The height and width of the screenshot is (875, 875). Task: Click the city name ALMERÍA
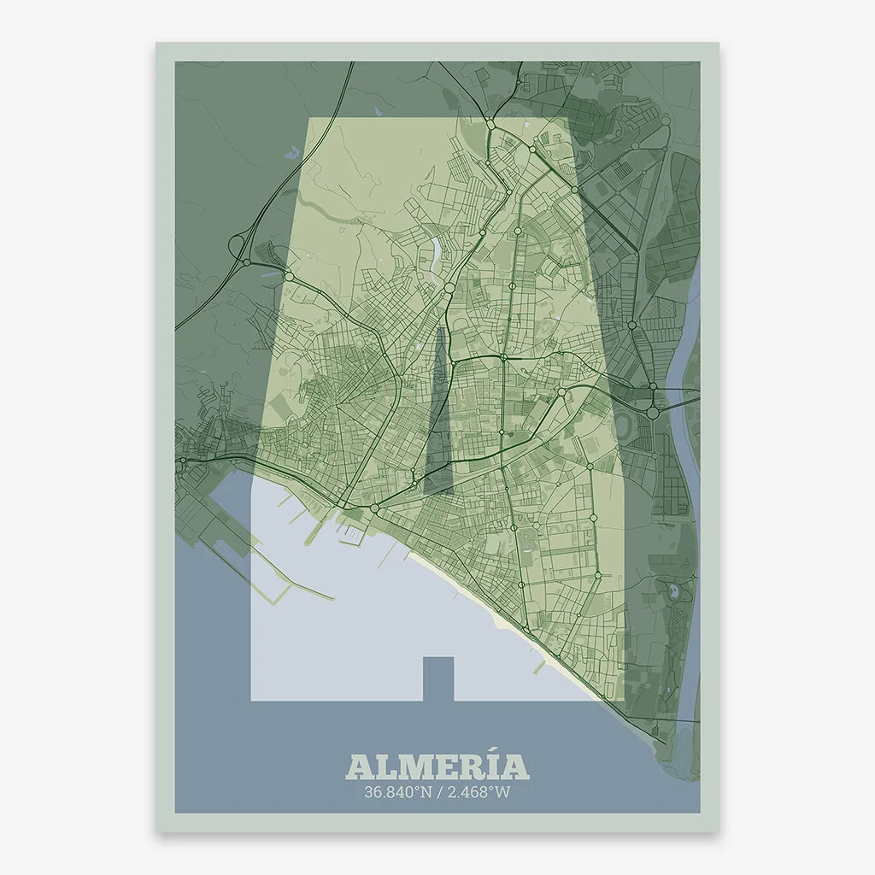[437, 766]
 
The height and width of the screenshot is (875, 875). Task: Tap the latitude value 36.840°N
[397, 792]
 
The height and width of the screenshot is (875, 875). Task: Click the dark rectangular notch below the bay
[438, 678]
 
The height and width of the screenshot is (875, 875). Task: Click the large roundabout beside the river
[653, 412]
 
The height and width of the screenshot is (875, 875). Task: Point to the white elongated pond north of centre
[437, 254]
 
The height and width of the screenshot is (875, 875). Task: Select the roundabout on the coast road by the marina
[374, 509]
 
